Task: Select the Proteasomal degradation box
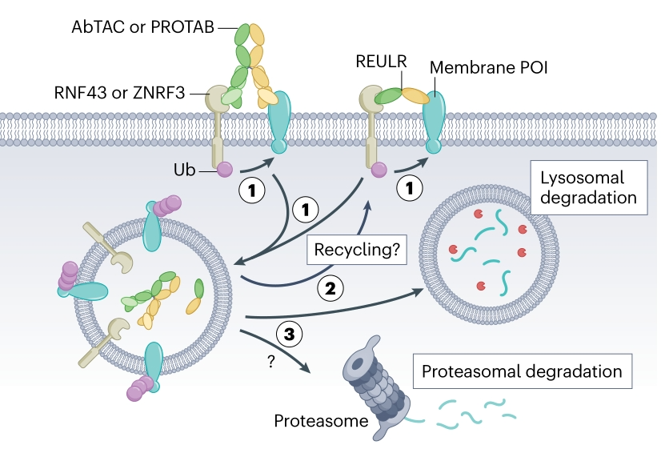(521, 371)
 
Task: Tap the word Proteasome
(308, 420)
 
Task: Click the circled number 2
(330, 287)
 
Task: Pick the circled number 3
(286, 332)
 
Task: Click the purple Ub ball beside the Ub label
(225, 170)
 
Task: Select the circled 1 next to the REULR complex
(411, 189)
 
